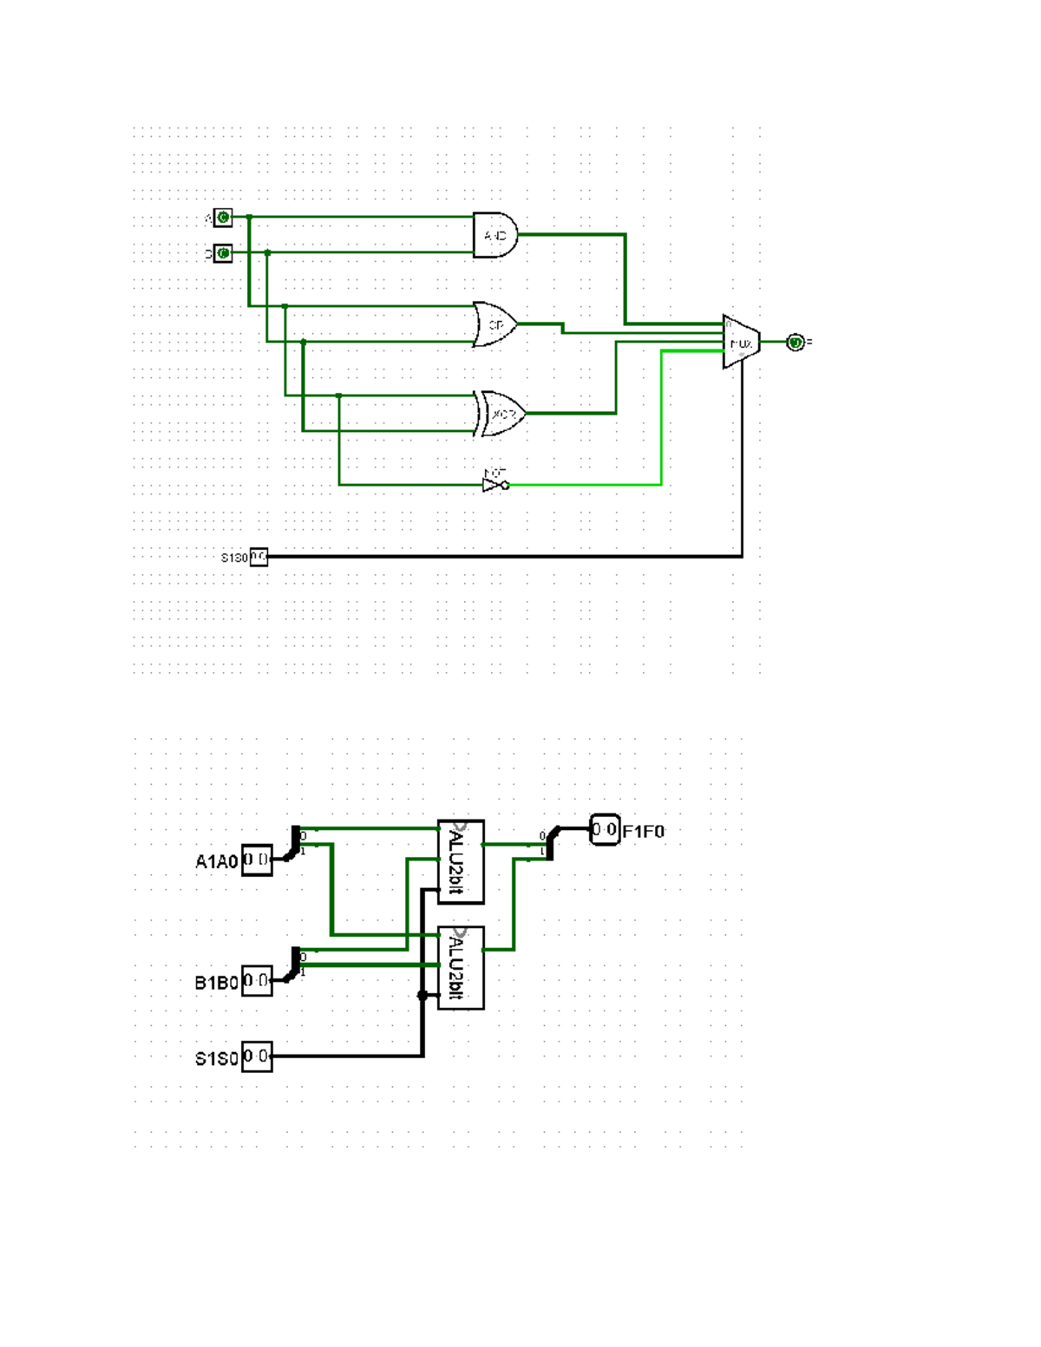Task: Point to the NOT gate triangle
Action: (493, 485)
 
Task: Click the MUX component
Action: (741, 342)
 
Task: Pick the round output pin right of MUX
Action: (795, 343)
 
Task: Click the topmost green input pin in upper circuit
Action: (223, 217)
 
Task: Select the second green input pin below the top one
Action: (223, 253)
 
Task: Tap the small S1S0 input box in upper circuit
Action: (259, 557)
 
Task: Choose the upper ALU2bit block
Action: (461, 862)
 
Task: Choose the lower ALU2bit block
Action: (461, 967)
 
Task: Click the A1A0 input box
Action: (257, 860)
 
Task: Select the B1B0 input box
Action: (257, 981)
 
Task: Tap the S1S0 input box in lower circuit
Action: (257, 1056)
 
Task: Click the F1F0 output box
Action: (605, 830)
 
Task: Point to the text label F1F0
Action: (644, 832)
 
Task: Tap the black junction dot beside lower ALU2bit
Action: (422, 995)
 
